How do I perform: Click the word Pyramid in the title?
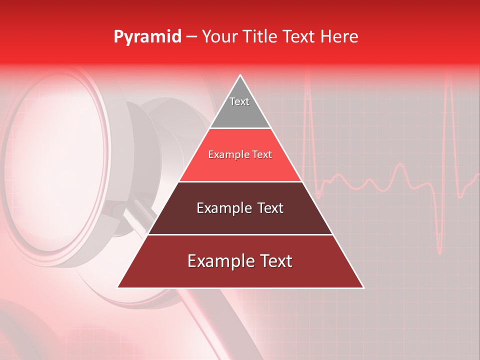147,37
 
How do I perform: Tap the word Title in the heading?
263,37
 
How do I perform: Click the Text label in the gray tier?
239,101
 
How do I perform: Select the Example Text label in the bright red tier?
240,154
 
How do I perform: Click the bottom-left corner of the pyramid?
118,287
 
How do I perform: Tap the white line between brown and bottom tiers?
240,234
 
